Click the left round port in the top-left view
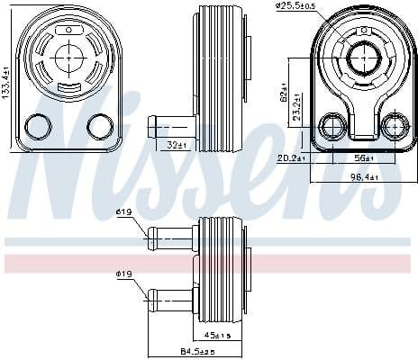tap(39, 126)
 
